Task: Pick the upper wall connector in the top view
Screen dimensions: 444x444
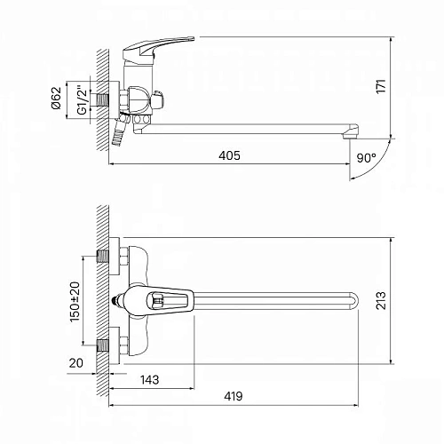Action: tap(114, 257)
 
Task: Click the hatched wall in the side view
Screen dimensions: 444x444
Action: tap(103, 98)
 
